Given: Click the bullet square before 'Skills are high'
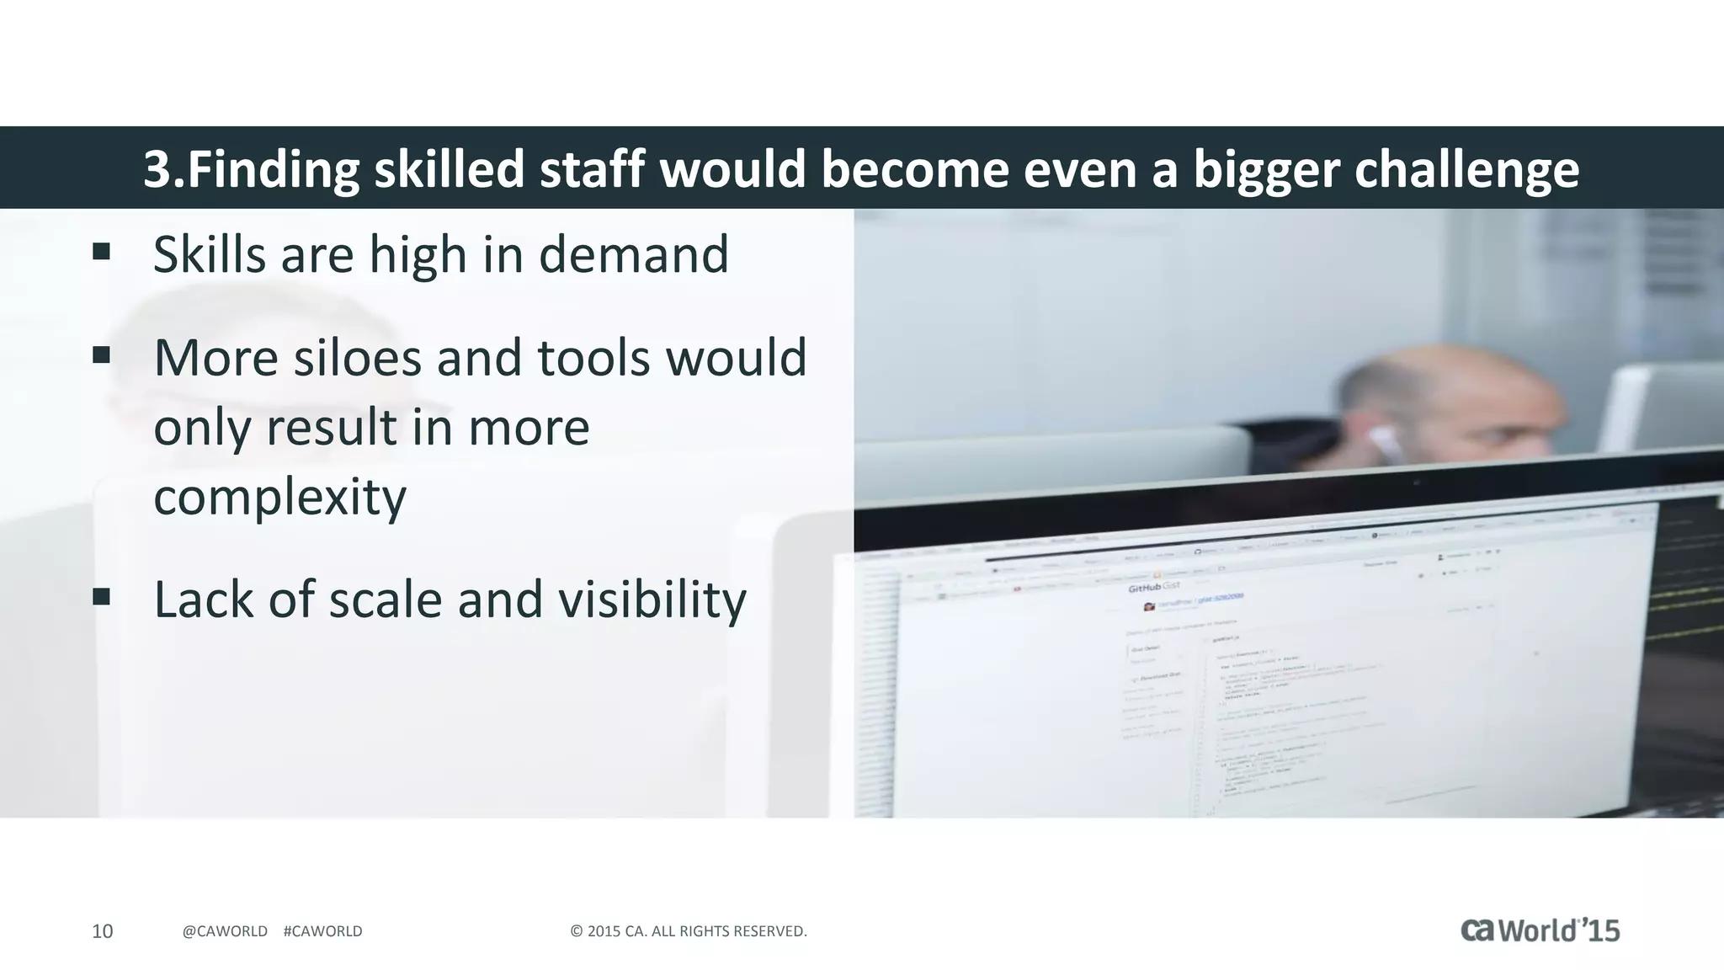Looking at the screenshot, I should tap(102, 252).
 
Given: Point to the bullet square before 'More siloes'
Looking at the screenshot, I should tap(102, 355).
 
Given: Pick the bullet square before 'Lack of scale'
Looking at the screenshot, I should tap(102, 597).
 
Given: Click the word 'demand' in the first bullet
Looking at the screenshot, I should tap(633, 254).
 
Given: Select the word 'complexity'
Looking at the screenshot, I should tap(279, 496).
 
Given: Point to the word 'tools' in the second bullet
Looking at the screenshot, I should tap(593, 358).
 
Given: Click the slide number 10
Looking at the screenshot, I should tap(102, 931).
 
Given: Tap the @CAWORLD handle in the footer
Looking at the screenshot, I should tap(225, 931).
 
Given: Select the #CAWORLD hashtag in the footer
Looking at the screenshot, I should tap(323, 931).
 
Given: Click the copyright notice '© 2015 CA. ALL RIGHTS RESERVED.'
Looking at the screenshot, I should tap(689, 931).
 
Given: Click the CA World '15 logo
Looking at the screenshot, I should tap(1540, 930).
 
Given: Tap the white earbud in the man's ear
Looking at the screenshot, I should tap(1381, 443).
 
